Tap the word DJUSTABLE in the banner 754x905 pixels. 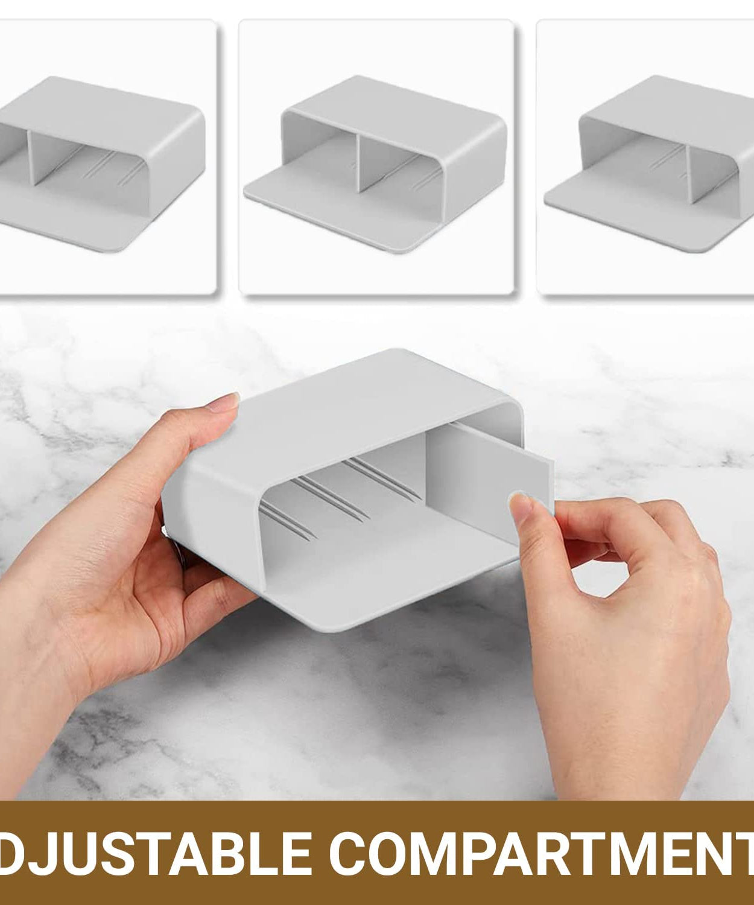pyautogui.click(x=160, y=853)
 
